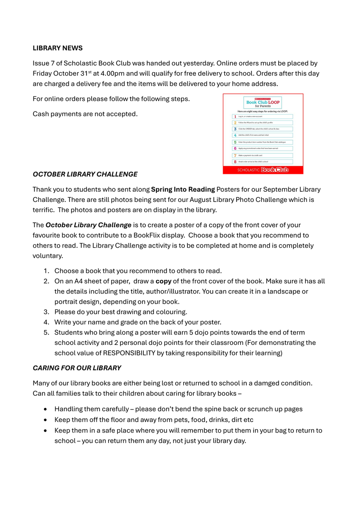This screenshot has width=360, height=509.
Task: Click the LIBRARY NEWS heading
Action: [58, 48]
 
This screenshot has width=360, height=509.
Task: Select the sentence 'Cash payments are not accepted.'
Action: [85, 114]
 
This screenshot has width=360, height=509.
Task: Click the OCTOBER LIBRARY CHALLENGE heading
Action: [85, 174]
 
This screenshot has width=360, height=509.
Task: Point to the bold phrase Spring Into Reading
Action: [183, 189]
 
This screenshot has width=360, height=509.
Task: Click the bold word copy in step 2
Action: [163, 281]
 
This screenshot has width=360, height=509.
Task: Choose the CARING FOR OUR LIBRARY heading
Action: [77, 368]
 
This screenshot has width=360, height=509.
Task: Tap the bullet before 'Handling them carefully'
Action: [45, 409]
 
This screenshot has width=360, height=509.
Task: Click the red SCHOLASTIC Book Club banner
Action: [263, 169]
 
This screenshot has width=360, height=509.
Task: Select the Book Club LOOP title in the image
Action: [263, 103]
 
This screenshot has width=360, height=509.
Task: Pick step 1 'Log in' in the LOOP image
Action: [263, 116]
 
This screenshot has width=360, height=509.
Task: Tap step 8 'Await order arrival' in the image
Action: [263, 162]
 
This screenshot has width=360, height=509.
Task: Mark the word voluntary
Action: [48, 256]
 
